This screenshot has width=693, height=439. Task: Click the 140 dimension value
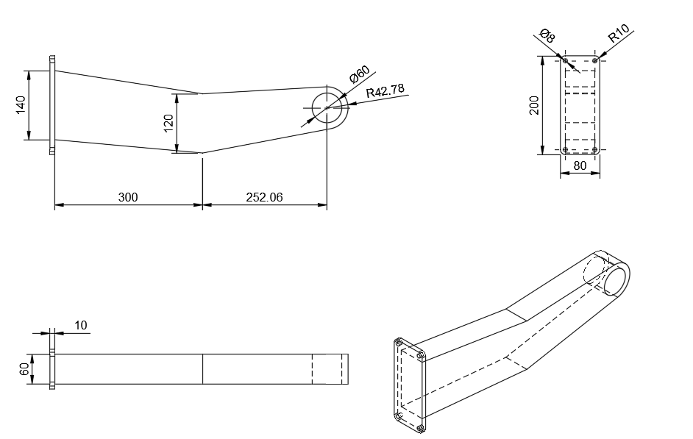[21, 105]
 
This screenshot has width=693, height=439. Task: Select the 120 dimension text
[168, 124]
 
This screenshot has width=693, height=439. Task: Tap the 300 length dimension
[128, 197]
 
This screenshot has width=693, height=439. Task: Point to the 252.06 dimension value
[264, 197]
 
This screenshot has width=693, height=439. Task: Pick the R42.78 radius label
[385, 91]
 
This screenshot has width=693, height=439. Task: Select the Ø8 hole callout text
[547, 35]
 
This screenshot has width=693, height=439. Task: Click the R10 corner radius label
[618, 33]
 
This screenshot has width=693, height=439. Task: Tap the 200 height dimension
[534, 105]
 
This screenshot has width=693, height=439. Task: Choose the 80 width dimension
[580, 165]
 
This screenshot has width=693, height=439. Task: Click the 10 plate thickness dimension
[80, 326]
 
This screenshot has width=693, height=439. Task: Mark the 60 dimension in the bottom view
[25, 369]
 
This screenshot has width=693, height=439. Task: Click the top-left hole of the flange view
[565, 60]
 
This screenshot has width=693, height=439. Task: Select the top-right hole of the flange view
[595, 60]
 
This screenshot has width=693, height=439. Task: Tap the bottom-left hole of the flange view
[565, 150]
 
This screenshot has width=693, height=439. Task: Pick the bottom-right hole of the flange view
[595, 150]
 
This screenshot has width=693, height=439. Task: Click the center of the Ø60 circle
[327, 107]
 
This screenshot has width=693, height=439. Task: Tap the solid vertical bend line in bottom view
[203, 369]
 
